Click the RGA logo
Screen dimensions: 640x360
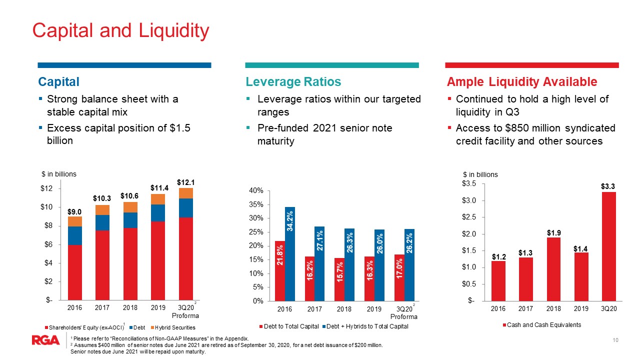(45, 340)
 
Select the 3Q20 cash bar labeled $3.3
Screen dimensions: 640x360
(608, 246)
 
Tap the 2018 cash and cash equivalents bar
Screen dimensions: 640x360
(553, 269)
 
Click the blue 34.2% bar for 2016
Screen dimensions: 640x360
(290, 254)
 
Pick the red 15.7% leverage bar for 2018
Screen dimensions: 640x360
(339, 279)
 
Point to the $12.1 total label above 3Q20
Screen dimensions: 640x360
(185, 182)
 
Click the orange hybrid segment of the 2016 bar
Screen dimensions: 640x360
(75, 221)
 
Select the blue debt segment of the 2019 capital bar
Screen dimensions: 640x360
(158, 213)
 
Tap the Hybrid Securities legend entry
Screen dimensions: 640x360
(173, 327)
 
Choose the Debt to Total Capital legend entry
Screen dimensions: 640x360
(289, 326)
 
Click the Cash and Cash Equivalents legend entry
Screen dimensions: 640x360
(542, 325)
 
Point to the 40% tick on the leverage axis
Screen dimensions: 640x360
(256, 190)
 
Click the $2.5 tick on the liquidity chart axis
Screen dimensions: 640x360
(469, 217)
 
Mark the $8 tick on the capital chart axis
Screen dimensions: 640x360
(48, 225)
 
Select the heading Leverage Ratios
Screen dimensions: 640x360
(293, 81)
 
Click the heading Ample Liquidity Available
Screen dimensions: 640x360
(522, 81)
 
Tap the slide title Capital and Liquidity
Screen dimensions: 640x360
(121, 31)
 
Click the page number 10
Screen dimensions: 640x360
(615, 340)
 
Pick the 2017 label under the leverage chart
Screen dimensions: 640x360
(314, 309)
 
